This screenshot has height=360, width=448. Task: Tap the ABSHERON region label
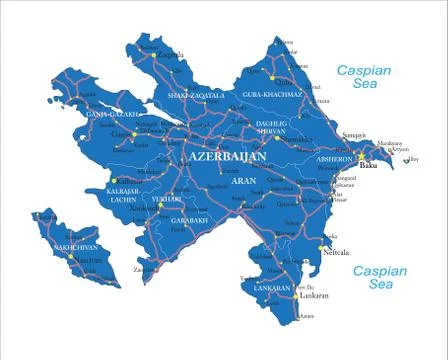point(335,159)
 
